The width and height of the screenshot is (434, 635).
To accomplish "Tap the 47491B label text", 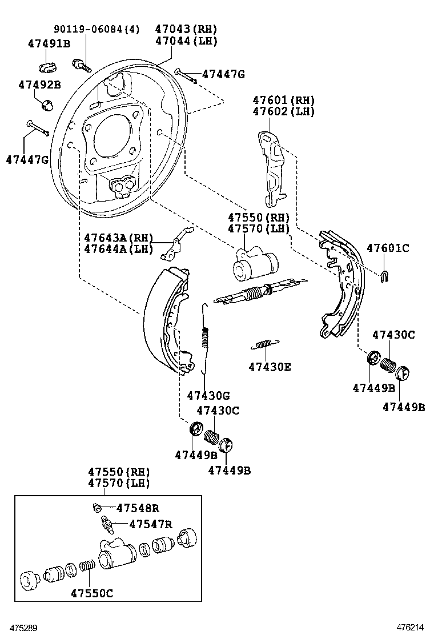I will point(49,43).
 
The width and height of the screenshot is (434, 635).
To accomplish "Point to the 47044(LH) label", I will point(186,41).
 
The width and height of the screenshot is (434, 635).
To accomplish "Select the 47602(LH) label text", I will point(284,111).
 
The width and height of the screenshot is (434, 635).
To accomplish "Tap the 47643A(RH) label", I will point(119,238).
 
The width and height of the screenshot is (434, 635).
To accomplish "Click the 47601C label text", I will point(388,248).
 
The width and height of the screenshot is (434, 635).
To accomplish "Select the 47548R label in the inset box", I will point(138,507).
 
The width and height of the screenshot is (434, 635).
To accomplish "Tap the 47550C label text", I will point(92,593).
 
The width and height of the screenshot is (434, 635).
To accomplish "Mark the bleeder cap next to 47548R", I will point(97,507).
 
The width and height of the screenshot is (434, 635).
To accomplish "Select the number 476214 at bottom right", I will point(414,627).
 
